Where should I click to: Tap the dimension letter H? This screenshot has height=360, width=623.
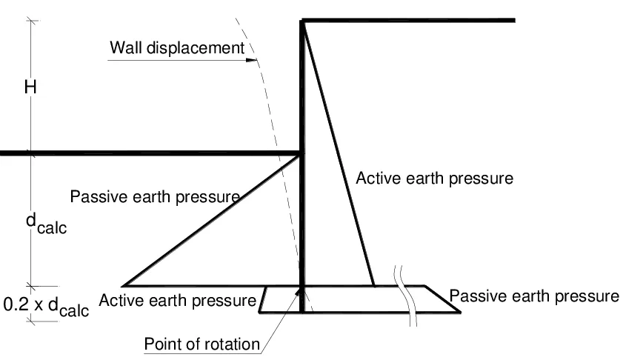(x=30, y=87)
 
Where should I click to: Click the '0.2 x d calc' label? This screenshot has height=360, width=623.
(x=46, y=306)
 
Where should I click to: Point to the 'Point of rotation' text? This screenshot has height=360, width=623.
(x=202, y=344)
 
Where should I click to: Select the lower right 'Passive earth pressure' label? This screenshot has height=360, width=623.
(x=533, y=296)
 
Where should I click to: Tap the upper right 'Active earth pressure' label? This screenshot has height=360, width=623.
(x=434, y=179)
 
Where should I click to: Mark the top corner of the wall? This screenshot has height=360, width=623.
(x=301, y=21)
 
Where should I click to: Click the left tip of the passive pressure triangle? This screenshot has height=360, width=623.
(x=123, y=285)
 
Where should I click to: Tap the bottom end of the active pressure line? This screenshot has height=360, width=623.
(x=373, y=285)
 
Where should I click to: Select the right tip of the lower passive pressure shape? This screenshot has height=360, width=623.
(x=460, y=312)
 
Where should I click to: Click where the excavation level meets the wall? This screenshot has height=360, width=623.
(x=301, y=153)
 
